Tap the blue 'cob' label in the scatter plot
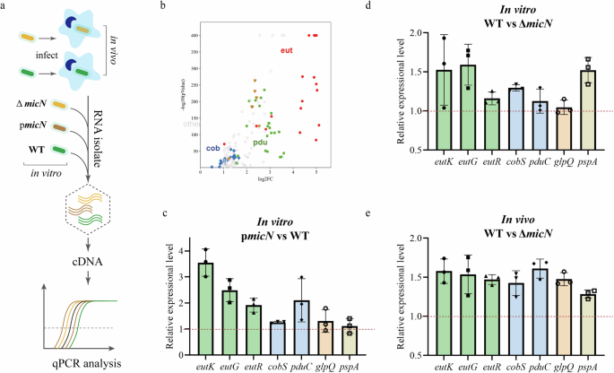[x=212, y=148]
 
